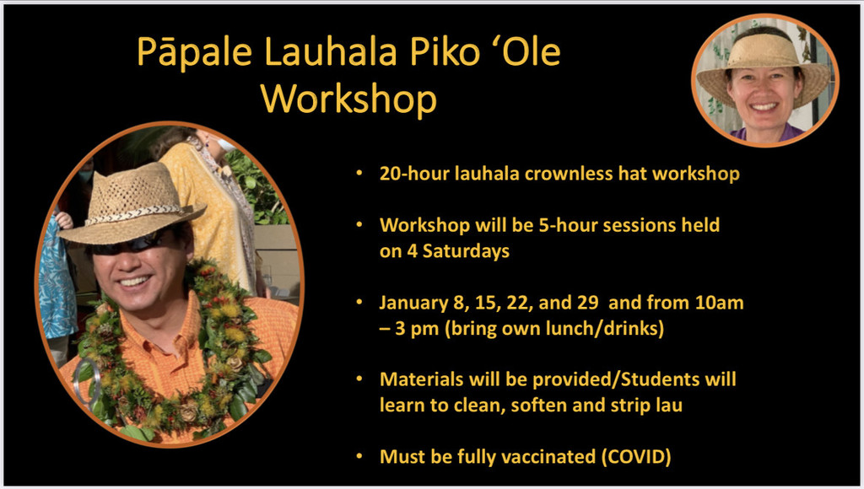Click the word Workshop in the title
[348, 99]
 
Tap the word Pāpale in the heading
[195, 53]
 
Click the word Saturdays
[466, 251]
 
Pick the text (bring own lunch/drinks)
[554, 329]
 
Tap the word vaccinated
[554, 457]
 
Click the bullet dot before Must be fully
[359, 456]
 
